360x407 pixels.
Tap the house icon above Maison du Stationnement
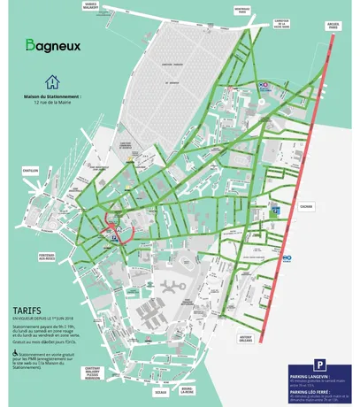tap(54, 81)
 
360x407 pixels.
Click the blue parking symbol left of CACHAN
tap(276, 211)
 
